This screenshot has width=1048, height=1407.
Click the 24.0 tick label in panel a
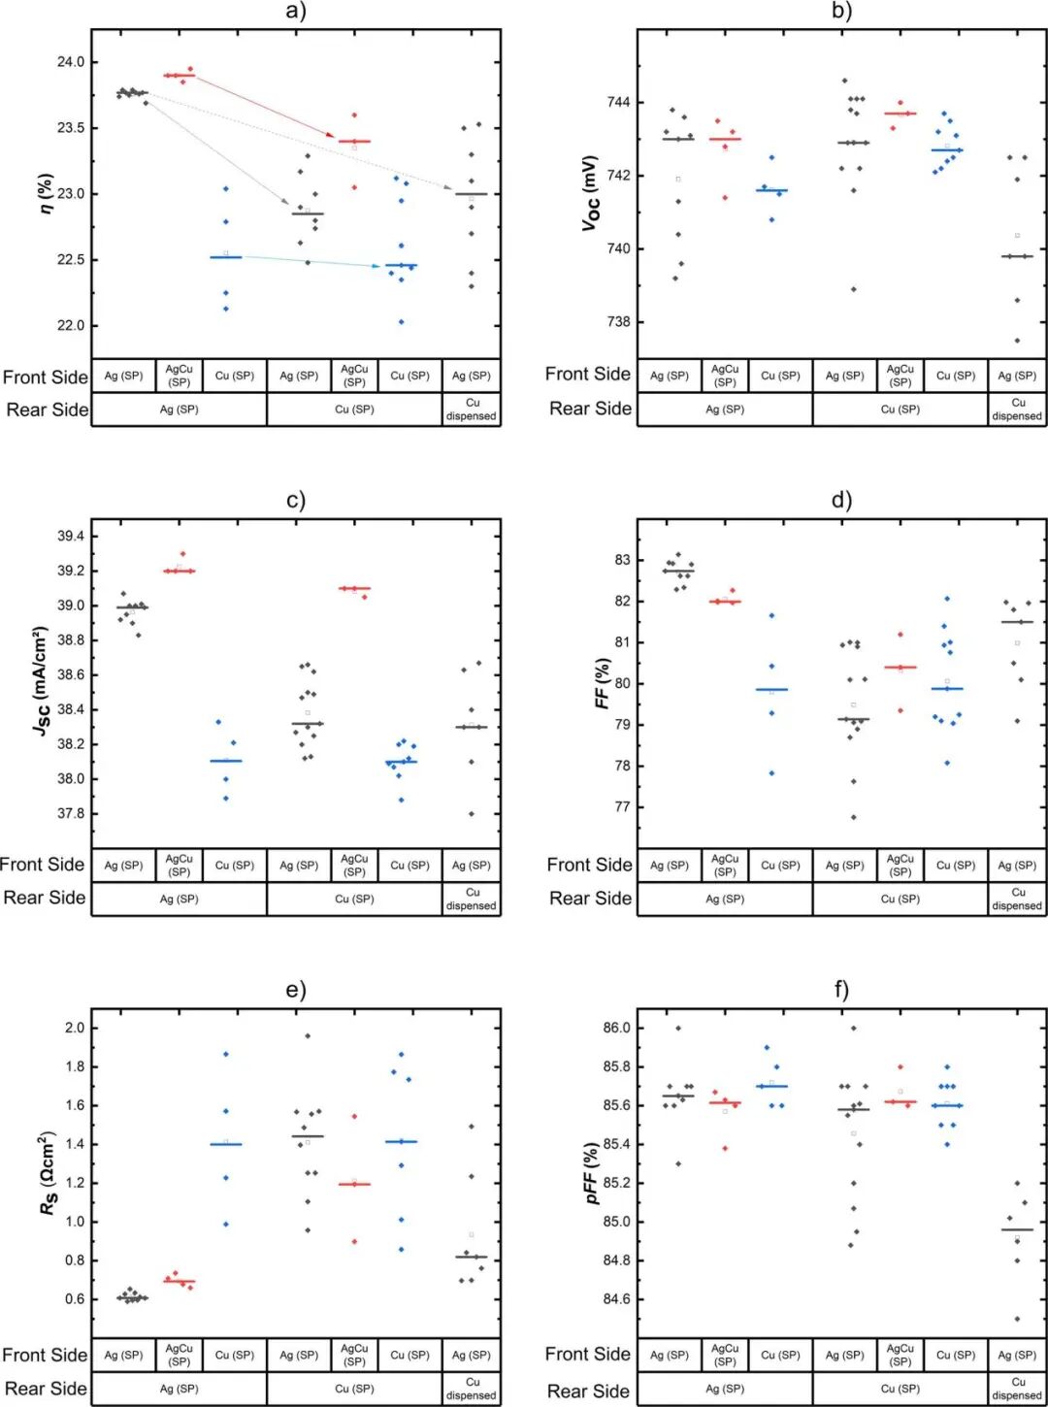(x=71, y=62)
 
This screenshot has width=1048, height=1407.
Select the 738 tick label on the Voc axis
(x=618, y=322)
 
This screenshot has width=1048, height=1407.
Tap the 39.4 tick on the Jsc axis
(x=71, y=537)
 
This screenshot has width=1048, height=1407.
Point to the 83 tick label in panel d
(x=622, y=560)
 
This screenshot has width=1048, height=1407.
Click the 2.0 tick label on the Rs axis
(x=75, y=1028)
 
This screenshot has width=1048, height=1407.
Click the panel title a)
(x=296, y=12)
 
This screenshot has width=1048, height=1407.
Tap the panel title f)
(x=841, y=990)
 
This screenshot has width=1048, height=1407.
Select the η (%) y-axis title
(x=45, y=194)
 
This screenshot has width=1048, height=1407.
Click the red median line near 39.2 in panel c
(x=179, y=572)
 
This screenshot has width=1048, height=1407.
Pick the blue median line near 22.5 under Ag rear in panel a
(x=226, y=257)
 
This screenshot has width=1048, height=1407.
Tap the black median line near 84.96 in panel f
(x=1017, y=1229)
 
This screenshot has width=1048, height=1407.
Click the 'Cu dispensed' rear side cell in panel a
(x=472, y=409)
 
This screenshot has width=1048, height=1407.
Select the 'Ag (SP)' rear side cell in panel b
(x=725, y=409)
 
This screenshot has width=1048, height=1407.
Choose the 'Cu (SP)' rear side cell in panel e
(x=354, y=1389)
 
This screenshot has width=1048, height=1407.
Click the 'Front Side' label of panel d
(x=589, y=865)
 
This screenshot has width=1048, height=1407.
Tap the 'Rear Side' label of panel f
(x=588, y=1391)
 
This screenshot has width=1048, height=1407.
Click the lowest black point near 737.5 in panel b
(x=1017, y=341)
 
